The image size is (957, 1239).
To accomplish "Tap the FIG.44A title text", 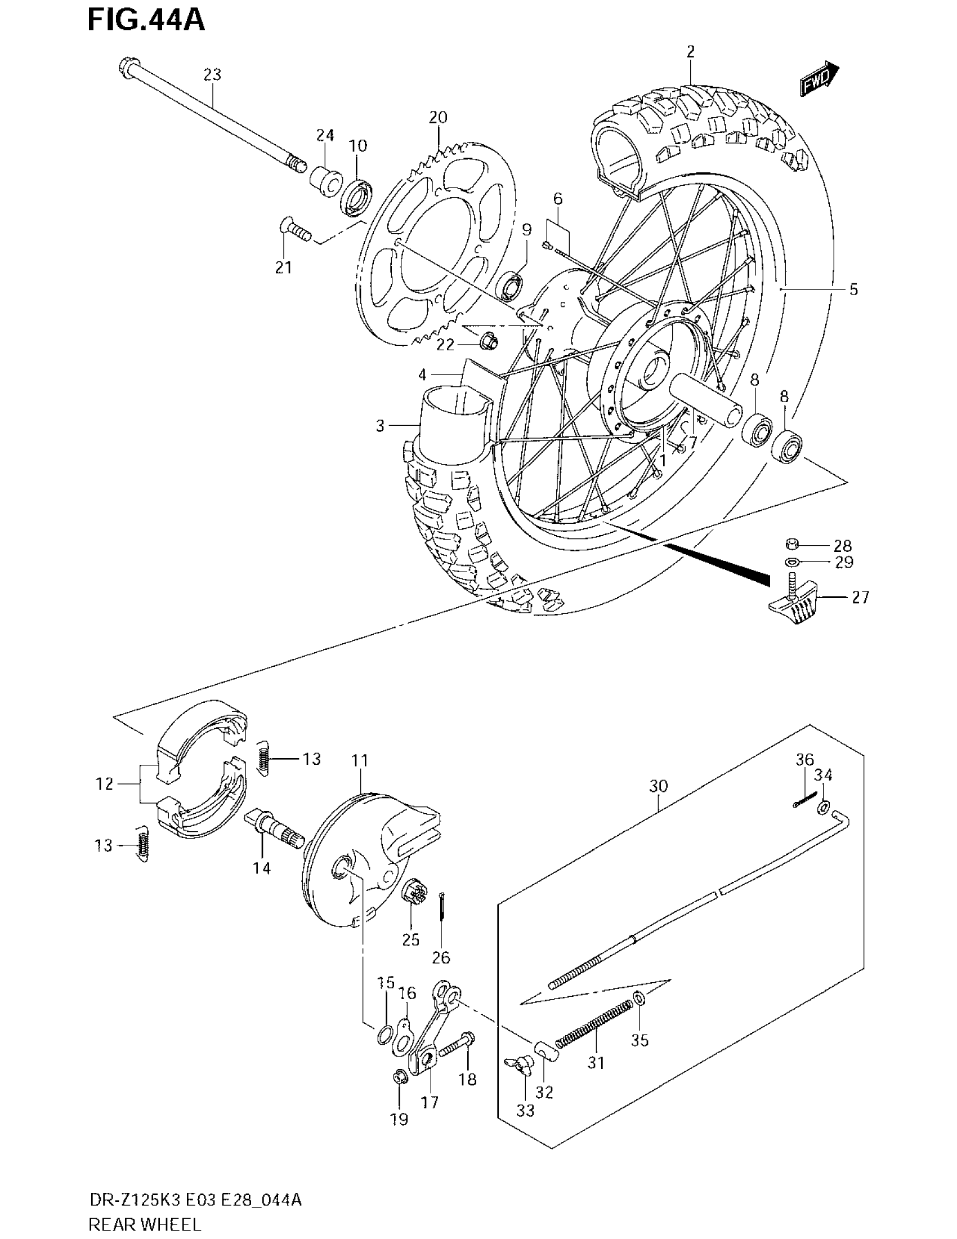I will point(146,20).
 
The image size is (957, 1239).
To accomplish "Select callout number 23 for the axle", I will point(212,75).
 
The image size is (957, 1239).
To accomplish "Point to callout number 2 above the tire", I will point(690,52).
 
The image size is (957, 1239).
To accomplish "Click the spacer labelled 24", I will point(325,180).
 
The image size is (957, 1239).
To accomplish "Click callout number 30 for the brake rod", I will point(658,786).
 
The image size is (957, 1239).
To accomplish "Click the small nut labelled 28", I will point(792,545).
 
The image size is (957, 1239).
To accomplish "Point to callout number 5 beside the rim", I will point(853,289).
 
